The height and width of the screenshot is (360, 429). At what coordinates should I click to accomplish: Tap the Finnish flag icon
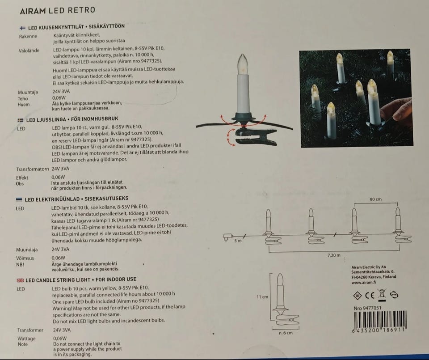tap(22, 28)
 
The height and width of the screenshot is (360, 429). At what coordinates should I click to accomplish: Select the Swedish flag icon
tap(21, 120)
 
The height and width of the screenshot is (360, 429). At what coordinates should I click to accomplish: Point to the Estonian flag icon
tap(19, 199)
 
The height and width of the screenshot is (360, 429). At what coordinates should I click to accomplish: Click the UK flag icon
tap(20, 280)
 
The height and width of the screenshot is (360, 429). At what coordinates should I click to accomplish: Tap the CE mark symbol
tap(370, 296)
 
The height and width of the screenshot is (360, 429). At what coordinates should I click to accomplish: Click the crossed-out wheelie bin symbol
tap(382, 295)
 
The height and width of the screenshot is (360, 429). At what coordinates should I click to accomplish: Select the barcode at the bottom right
tap(380, 322)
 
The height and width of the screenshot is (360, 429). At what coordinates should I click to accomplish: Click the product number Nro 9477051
tap(367, 308)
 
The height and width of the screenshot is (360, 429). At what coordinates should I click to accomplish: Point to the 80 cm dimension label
tap(376, 199)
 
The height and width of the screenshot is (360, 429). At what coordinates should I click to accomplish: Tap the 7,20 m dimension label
tap(334, 255)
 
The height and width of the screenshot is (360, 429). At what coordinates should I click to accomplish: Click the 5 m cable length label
tap(238, 241)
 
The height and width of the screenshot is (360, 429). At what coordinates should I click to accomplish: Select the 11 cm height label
tap(262, 297)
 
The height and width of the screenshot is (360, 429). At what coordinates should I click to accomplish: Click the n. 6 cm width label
tap(286, 333)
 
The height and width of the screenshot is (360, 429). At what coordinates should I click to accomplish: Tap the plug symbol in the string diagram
tap(228, 237)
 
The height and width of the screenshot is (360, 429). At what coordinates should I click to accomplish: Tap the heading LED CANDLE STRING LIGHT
tap(58, 280)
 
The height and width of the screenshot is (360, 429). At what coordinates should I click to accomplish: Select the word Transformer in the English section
tap(30, 330)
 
